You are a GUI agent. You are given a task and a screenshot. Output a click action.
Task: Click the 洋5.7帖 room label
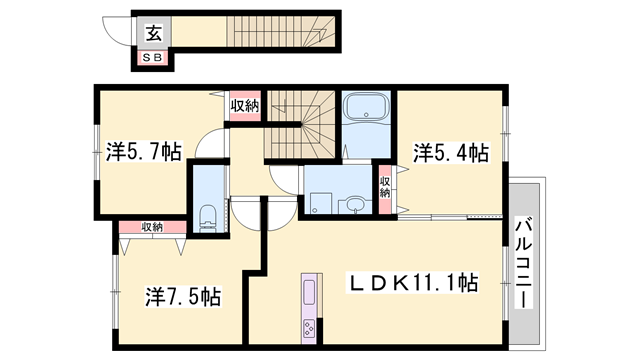pyautogui.click(x=143, y=153)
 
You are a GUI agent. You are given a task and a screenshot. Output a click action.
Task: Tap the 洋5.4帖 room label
pyautogui.click(x=450, y=153)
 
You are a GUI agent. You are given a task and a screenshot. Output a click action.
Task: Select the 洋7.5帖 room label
pyautogui.click(x=182, y=297)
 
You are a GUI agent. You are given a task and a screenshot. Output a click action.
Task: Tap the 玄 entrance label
pyautogui.click(x=154, y=34)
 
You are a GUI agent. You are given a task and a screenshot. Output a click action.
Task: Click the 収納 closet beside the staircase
pyautogui.click(x=245, y=105)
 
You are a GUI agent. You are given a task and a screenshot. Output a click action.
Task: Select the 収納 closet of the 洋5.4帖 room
pyautogui.click(x=385, y=186)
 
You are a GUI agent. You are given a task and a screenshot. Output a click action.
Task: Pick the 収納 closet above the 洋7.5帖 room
pyautogui.click(x=152, y=227)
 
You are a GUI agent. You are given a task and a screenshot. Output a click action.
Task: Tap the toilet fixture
pyautogui.click(x=207, y=214)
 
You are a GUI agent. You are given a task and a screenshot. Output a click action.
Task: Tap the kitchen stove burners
pyautogui.click(x=307, y=327)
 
